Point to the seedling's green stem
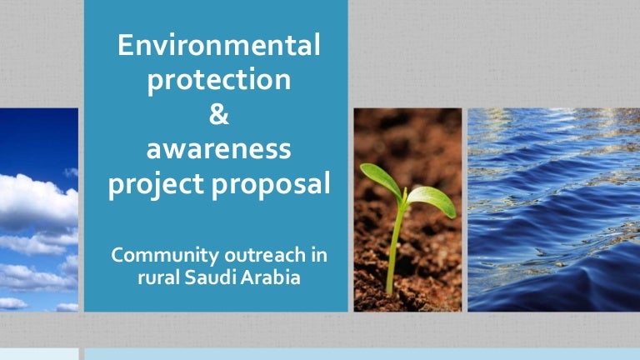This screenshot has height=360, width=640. tap(394, 250)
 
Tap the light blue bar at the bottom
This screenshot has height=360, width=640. tap(358, 354)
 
